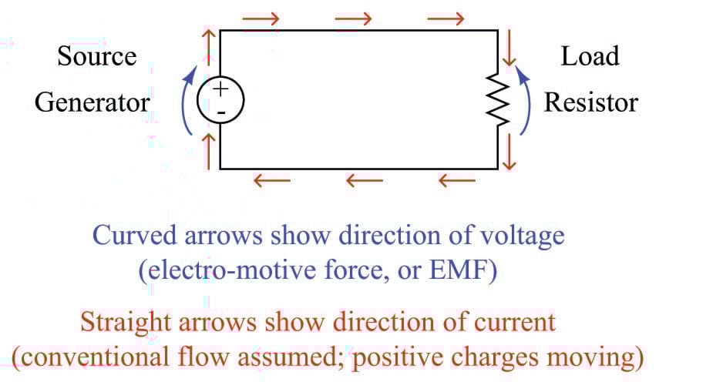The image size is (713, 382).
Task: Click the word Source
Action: pyautogui.click(x=96, y=56)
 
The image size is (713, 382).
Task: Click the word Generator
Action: pyautogui.click(x=92, y=102)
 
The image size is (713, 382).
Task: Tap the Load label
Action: pyautogui.click(x=590, y=56)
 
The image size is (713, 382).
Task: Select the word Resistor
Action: pyautogui.click(x=591, y=102)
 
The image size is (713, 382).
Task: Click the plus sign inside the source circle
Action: pyautogui.click(x=220, y=89)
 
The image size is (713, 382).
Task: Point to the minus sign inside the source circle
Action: pyautogui.click(x=220, y=112)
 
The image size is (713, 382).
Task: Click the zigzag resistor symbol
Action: pyautogui.click(x=498, y=100)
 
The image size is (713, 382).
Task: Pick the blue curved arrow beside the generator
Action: pyautogui.click(x=186, y=101)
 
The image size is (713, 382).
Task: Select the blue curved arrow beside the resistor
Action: pyautogui.click(x=525, y=100)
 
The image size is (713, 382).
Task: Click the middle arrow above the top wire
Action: pyautogui.click(x=354, y=18)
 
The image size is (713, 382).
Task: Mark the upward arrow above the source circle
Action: pyautogui.click(x=207, y=43)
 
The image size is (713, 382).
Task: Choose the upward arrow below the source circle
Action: pyautogui.click(x=207, y=146)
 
